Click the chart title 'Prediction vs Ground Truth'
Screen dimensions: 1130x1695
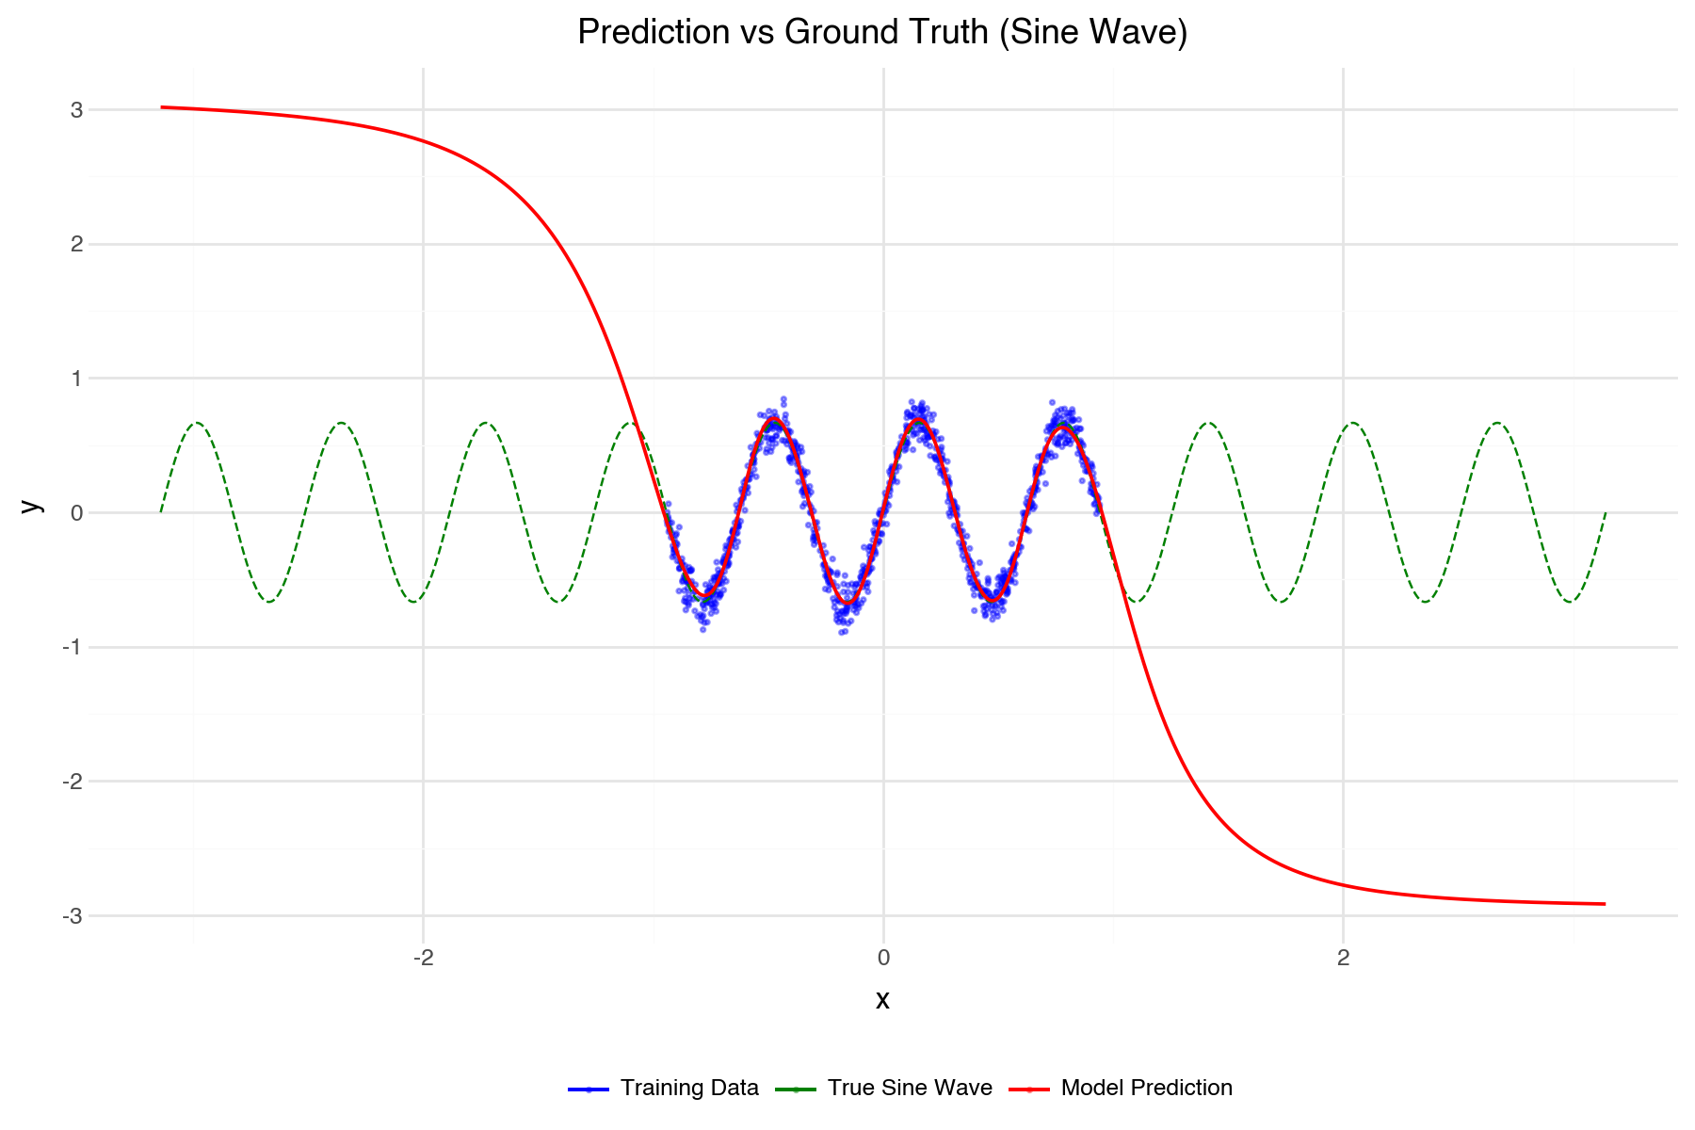pos(882,32)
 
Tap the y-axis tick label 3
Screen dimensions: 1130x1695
pos(76,110)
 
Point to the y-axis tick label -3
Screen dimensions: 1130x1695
pos(73,916)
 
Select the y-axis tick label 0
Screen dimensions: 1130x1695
pos(76,513)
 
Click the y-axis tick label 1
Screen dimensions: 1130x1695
pos(76,379)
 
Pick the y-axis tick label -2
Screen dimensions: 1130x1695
pos(73,782)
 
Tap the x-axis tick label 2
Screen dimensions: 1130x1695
pos(1343,959)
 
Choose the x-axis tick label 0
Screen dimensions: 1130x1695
pos(883,959)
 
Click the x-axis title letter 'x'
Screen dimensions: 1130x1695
pos(882,1000)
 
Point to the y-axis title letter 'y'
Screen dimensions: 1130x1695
pos(31,506)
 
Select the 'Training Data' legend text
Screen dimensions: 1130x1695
pos(689,1089)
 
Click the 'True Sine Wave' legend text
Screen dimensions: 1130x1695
pos(910,1089)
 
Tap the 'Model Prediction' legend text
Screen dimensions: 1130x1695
pos(1146,1089)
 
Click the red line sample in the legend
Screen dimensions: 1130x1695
pos(1029,1090)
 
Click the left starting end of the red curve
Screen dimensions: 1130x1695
pos(162,107)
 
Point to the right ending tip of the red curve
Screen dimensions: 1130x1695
pos(1605,904)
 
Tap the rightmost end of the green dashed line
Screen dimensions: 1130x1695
pos(1605,513)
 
